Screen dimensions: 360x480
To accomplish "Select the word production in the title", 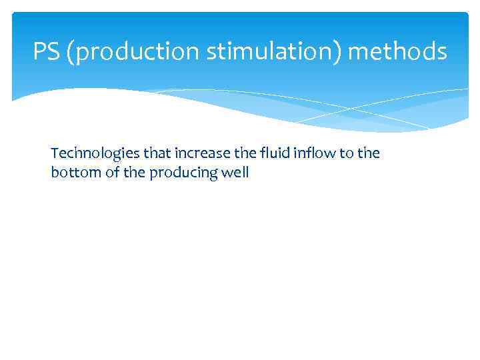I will (137, 51).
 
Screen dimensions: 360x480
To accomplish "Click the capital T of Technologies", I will (54, 153).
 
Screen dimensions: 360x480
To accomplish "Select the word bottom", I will (73, 173).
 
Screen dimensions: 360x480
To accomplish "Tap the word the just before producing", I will (132, 173).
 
